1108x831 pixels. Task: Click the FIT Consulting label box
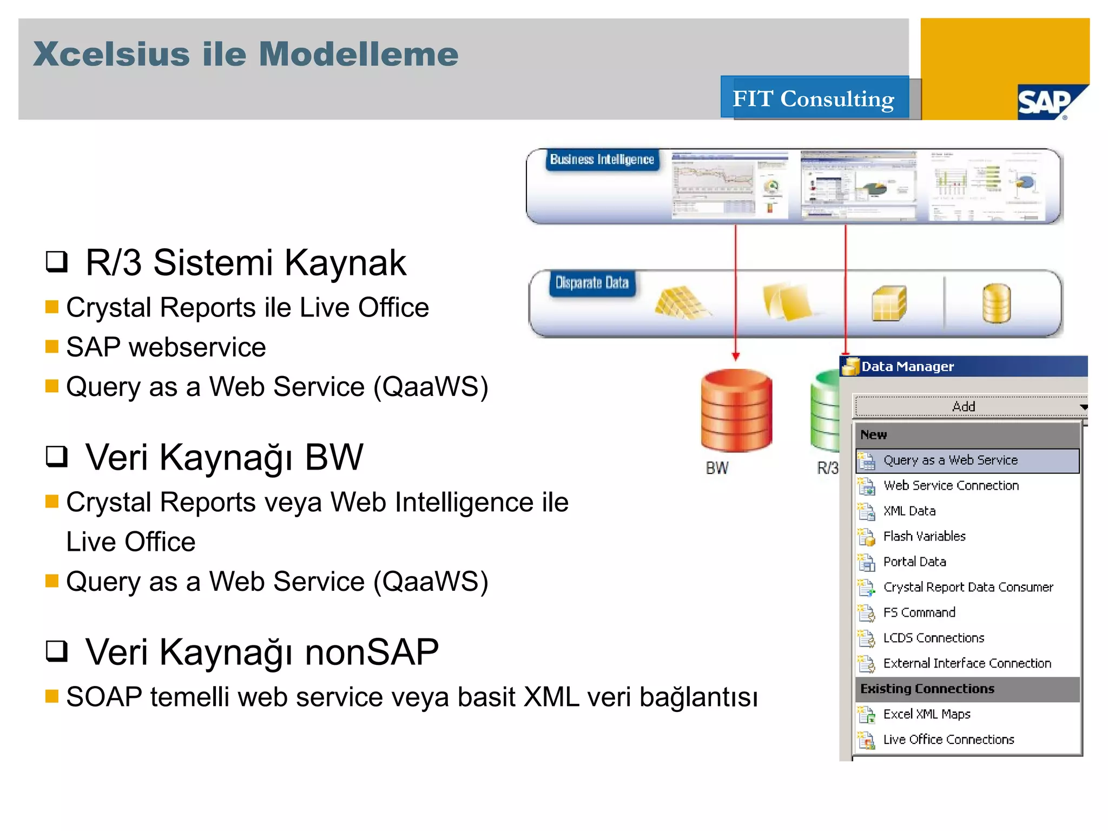[x=814, y=98]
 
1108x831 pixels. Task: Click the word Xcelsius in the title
[x=111, y=55]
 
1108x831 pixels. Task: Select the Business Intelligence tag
[x=602, y=160]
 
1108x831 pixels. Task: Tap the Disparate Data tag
[x=592, y=283]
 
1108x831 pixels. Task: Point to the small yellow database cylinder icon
[x=996, y=303]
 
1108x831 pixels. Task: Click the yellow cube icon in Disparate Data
[x=888, y=304]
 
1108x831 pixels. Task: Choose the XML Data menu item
[x=909, y=511]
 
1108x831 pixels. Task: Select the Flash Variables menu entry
[x=924, y=536]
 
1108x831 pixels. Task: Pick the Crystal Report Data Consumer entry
[x=967, y=587]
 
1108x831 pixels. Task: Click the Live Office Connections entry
[x=948, y=740]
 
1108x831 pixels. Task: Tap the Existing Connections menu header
[x=927, y=689]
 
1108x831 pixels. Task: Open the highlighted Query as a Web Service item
[x=950, y=460]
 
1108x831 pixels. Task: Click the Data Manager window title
[x=907, y=367]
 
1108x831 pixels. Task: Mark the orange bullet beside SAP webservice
[x=52, y=346]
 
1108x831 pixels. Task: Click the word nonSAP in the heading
[x=372, y=652]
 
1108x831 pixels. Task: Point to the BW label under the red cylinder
[x=717, y=468]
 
